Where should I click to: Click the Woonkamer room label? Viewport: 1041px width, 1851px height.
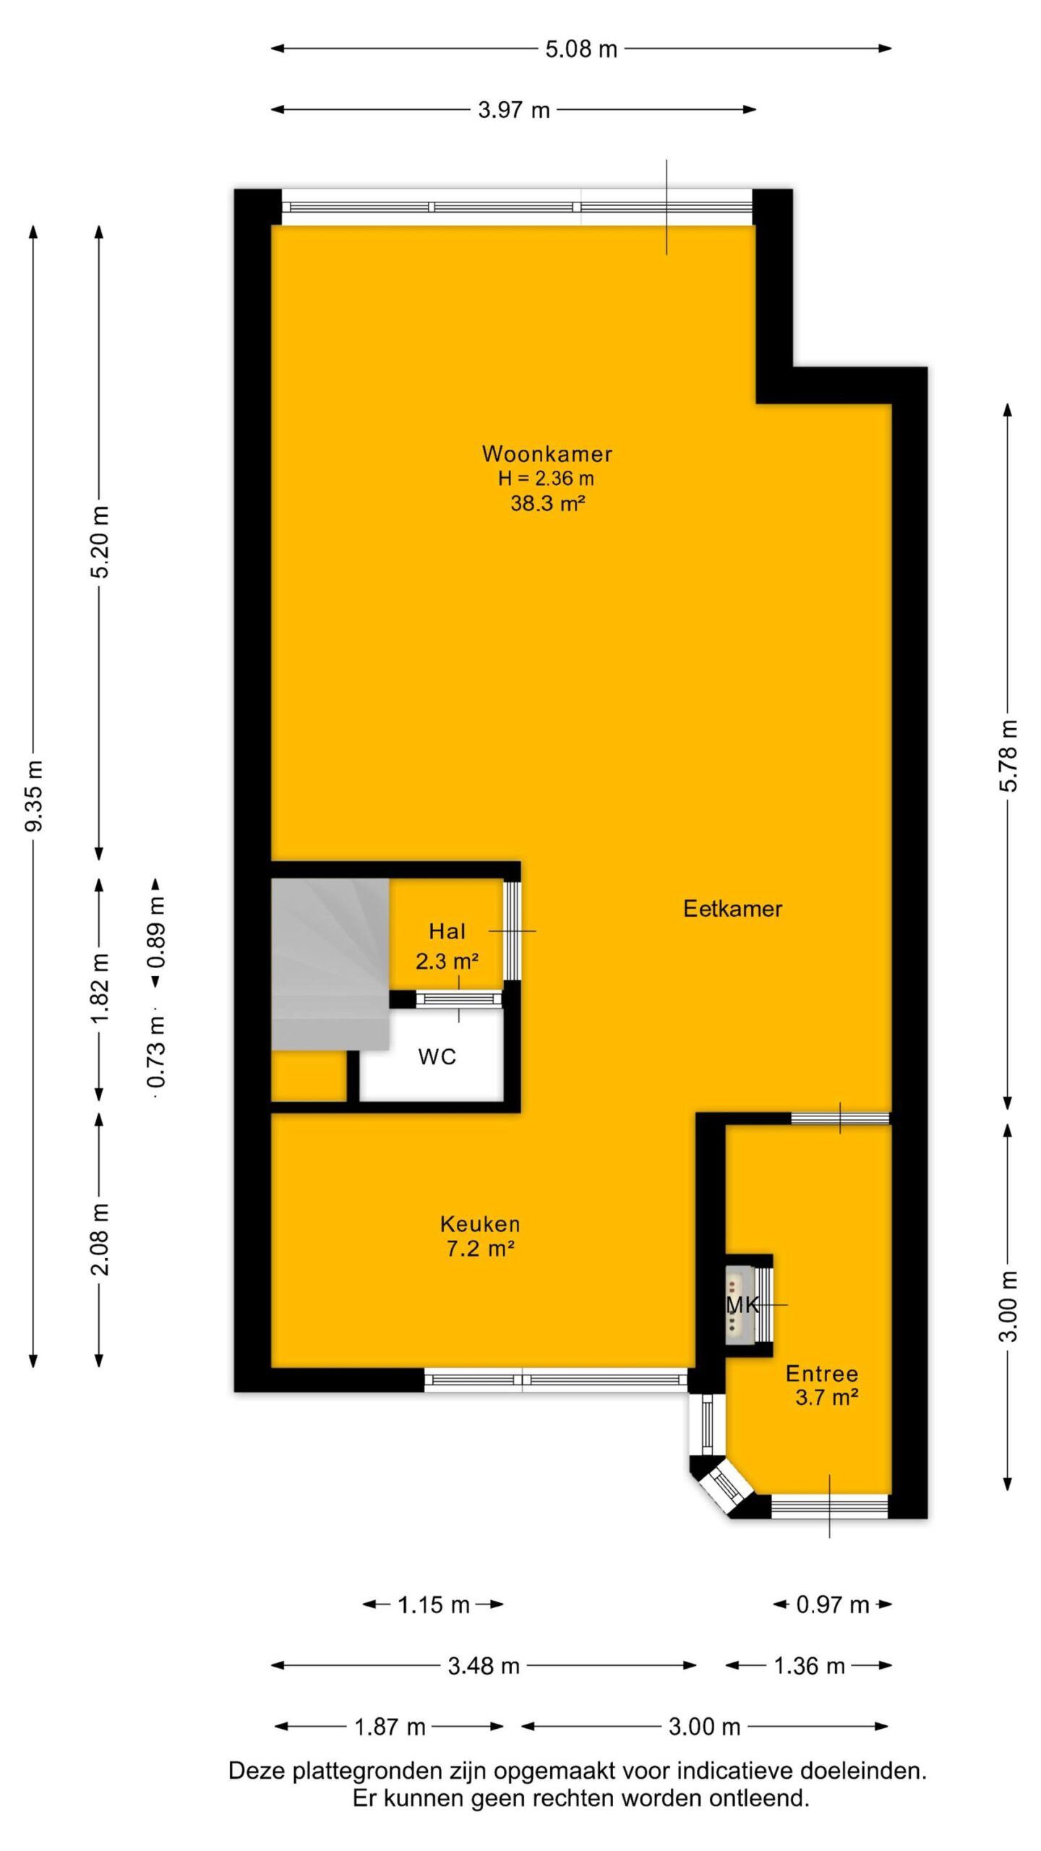547,454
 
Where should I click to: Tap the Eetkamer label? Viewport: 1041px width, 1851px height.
732,909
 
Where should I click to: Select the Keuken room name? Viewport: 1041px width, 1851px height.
480,1224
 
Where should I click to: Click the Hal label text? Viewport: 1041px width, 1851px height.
447,931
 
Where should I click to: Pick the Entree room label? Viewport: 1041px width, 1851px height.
822,1374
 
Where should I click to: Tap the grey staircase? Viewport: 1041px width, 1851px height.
330,964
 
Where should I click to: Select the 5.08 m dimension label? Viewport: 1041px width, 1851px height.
581,49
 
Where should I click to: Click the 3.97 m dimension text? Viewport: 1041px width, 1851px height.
514,110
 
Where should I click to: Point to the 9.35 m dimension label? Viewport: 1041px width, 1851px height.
34,795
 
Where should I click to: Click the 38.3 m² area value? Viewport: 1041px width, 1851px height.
547,503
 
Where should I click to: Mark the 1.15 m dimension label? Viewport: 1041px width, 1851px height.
434,1605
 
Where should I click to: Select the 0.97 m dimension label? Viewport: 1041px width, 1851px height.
832,1605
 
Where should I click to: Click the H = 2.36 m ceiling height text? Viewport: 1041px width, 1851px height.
546,478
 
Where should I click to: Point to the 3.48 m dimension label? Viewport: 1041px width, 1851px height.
484,1666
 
